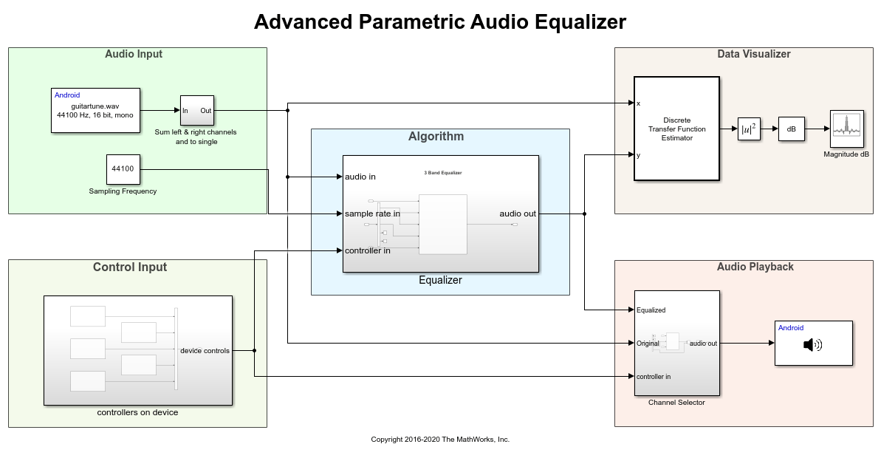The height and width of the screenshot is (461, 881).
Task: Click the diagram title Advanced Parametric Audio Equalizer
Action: pyautogui.click(x=439, y=22)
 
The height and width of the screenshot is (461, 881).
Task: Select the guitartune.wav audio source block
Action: pyautogui.click(x=95, y=111)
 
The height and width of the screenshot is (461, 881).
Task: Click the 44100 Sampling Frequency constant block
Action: pyautogui.click(x=123, y=169)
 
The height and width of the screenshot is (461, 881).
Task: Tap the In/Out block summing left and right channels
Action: pyautogui.click(x=196, y=111)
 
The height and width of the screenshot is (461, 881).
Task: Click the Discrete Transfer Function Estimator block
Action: pyautogui.click(x=676, y=129)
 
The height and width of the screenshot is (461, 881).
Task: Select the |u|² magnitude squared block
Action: pyautogui.click(x=749, y=129)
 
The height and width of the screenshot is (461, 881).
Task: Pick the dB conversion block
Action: pyautogui.click(x=791, y=129)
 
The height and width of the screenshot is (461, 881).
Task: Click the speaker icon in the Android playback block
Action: pyautogui.click(x=812, y=344)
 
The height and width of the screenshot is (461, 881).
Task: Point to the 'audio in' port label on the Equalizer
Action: pyautogui.click(x=360, y=177)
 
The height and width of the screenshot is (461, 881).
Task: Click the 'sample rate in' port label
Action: pyautogui.click(x=372, y=214)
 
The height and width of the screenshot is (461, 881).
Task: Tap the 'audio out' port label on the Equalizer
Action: pyautogui.click(x=518, y=214)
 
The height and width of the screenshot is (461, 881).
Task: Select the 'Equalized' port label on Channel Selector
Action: pyautogui.click(x=651, y=310)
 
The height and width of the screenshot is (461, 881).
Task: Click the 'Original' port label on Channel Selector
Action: pyautogui.click(x=648, y=344)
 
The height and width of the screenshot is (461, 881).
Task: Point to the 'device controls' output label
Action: pyautogui.click(x=205, y=350)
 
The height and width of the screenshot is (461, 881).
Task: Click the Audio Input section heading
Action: pyautogui.click(x=134, y=54)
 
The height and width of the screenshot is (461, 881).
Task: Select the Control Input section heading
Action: pyautogui.click(x=130, y=267)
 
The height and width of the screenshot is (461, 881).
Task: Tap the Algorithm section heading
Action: pyautogui.click(x=436, y=136)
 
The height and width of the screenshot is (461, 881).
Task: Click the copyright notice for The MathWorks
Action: pyautogui.click(x=440, y=440)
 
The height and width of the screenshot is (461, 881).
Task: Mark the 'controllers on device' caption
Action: pyautogui.click(x=137, y=412)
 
